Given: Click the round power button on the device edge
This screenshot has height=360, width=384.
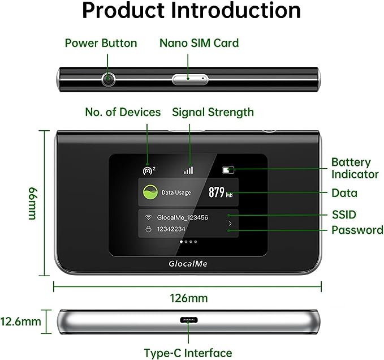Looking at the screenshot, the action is (108, 79).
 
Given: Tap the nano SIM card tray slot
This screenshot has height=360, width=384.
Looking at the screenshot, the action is (190, 79).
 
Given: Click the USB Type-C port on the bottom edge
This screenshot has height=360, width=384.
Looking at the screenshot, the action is (188, 320).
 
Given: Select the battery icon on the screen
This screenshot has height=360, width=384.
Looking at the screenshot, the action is (228, 170).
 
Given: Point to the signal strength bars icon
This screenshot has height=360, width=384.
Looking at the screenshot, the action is (188, 170).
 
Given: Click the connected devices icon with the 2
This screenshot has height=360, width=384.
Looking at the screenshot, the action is (149, 170).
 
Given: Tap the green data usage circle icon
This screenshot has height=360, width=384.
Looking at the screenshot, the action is (150, 192).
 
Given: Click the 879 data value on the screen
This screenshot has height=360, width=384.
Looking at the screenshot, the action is (217, 192).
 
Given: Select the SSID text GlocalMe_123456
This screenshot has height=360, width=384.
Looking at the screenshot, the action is (183, 217).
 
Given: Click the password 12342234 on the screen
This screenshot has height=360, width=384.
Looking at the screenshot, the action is (171, 229).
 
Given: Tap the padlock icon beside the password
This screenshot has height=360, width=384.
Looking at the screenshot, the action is (148, 229).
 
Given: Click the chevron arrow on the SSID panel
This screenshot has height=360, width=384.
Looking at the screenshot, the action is (230, 223).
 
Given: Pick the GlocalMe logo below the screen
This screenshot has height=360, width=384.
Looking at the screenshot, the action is (188, 264).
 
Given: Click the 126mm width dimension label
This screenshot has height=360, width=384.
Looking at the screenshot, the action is (189, 298).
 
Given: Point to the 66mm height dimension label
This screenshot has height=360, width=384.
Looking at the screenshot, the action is (32, 204).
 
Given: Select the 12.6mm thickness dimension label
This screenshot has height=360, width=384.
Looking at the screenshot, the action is (20, 322).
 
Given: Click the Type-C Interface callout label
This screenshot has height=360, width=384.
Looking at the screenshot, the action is (188, 353).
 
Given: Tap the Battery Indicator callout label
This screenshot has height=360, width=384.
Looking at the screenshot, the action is (355, 168).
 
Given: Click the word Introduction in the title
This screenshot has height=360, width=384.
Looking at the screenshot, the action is (235, 10).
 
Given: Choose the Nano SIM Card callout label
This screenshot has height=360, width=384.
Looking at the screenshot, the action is (199, 43).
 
